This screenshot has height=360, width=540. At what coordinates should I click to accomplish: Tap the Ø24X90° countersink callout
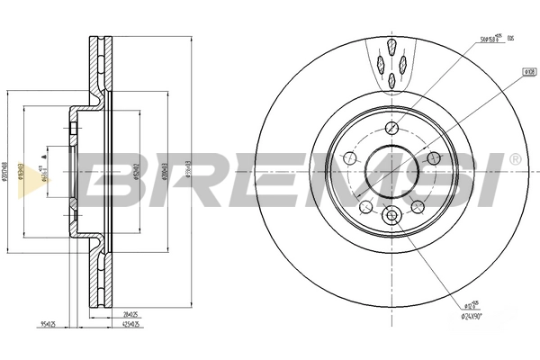pyautogui.click(x=478, y=318)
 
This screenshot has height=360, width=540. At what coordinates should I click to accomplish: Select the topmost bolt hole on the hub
pyautogui.click(x=392, y=127)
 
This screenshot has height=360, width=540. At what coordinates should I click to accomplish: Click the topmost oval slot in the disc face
pyautogui.click(x=392, y=46)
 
